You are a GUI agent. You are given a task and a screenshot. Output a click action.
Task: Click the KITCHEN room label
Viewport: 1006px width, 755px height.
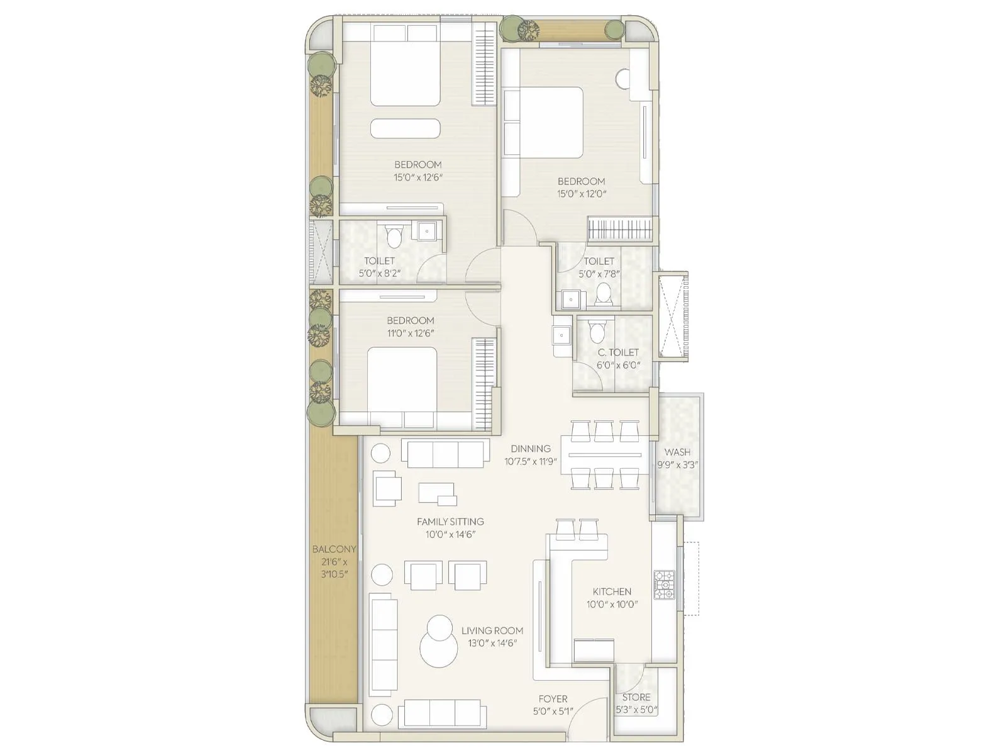click(612, 591)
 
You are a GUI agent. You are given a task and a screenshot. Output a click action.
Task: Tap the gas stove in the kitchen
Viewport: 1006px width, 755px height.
click(664, 584)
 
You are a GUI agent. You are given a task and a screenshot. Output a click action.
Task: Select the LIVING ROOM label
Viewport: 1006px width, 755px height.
click(492, 630)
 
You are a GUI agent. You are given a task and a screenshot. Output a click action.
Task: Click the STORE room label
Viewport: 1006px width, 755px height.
click(636, 697)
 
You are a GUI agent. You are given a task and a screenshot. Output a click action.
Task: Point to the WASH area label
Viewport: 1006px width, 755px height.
click(677, 452)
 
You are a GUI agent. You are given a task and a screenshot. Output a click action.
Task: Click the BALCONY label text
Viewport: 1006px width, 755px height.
click(334, 549)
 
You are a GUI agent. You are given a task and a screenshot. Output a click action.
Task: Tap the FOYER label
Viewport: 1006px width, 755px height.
click(553, 699)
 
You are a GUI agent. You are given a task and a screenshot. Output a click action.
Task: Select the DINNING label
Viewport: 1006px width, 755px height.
click(530, 449)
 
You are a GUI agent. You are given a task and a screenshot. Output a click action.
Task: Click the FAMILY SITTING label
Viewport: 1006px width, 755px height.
click(450, 522)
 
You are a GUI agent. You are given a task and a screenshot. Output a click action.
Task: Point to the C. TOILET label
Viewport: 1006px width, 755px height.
click(618, 352)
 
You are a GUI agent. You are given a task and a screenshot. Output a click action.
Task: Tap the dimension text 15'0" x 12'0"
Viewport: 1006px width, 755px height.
click(582, 194)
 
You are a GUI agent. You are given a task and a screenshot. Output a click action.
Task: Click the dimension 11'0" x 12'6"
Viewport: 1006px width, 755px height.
click(411, 333)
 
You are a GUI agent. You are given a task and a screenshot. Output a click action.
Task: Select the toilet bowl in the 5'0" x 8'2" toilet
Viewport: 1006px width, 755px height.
click(394, 237)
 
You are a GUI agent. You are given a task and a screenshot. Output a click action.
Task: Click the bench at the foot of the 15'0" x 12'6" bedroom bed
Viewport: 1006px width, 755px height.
click(405, 128)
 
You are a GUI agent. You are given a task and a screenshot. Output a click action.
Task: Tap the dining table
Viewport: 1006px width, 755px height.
click(605, 455)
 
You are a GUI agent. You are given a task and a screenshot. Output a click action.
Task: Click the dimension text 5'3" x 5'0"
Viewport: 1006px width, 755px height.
click(636, 710)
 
